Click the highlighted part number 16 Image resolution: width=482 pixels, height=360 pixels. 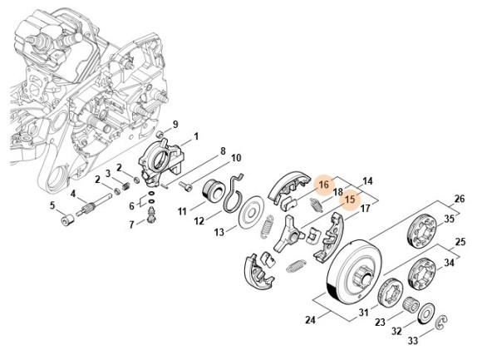pos(324,185)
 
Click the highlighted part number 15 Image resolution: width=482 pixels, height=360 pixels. pos(350,200)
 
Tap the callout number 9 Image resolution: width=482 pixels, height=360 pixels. pos(175,125)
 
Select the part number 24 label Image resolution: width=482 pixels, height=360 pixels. pos(310,320)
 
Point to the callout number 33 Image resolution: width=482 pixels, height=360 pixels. pos(413,341)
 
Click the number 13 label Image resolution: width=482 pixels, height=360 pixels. pos(219,232)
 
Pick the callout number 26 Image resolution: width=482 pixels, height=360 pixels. pos(460,199)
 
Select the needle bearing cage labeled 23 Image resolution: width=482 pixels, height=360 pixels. pos(411,304)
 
